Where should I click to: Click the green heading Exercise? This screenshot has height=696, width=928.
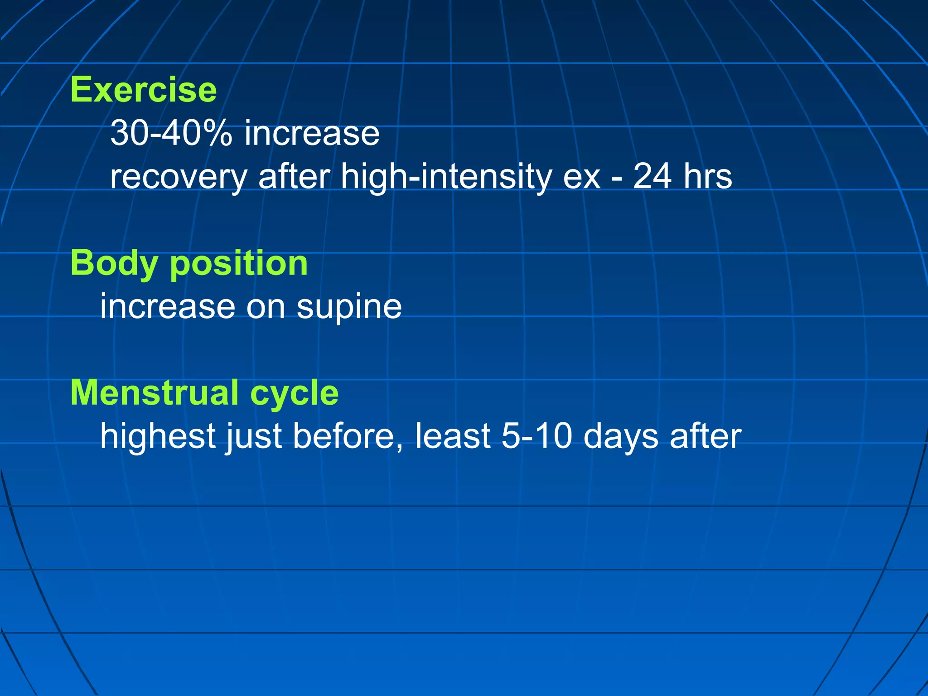pyautogui.click(x=143, y=90)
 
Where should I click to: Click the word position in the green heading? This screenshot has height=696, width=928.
pyautogui.click(x=239, y=264)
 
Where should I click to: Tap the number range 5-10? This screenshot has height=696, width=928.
pyautogui.click(x=536, y=436)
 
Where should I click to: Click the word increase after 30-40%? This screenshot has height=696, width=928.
pyautogui.click(x=312, y=133)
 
